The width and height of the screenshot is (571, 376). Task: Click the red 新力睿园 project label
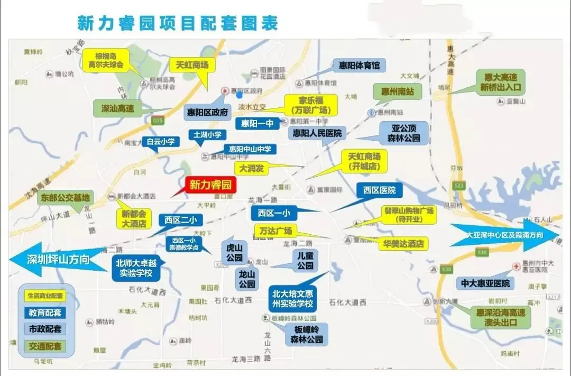[211, 185]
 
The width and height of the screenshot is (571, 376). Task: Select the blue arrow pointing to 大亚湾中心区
[505, 234]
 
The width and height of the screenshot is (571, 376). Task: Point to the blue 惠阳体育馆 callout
[356, 66]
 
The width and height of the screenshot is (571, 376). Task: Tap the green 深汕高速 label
[118, 108]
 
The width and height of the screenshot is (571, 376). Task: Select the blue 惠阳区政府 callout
[207, 112]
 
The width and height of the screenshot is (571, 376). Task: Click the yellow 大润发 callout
[252, 168]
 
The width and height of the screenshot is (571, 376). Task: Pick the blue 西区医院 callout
[379, 190]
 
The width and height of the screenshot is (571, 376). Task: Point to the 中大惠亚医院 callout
[485, 283]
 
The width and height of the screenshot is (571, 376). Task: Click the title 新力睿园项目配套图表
[178, 23]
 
